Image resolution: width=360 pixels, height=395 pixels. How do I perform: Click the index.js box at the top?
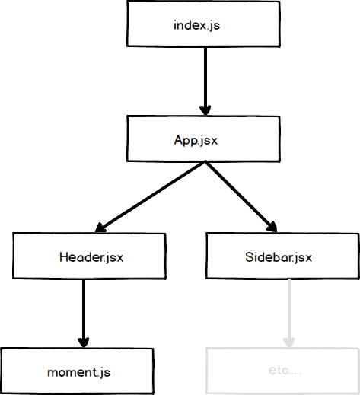point(204,24)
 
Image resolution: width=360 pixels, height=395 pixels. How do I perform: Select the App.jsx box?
point(202,140)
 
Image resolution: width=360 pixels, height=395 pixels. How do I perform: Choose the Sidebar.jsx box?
point(282,256)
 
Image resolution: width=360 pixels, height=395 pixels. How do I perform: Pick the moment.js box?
point(78,371)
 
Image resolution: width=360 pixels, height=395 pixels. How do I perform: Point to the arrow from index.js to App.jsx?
point(204,76)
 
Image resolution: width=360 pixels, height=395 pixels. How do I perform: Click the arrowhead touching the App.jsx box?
point(204,108)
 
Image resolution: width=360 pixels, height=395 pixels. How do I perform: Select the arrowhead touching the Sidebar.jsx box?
point(271,225)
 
